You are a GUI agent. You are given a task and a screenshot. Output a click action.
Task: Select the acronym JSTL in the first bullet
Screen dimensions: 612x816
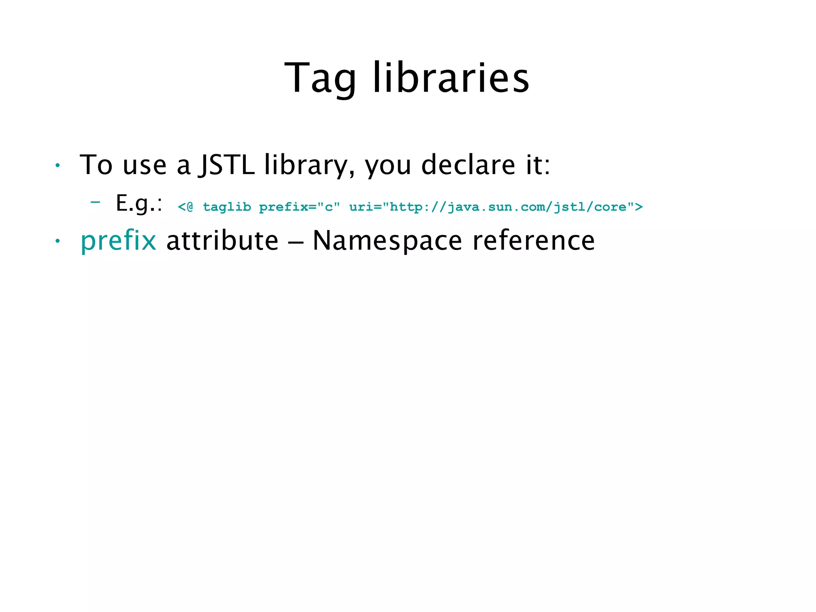click(x=227, y=165)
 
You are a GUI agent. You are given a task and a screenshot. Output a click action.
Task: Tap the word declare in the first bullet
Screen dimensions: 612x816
click(x=468, y=165)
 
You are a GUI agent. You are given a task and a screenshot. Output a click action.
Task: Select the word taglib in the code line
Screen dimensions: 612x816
click(x=227, y=207)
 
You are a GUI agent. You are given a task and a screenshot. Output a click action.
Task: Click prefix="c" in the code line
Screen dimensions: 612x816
click(x=299, y=207)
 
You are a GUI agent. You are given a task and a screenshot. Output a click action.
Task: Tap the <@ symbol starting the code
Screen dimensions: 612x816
click(x=185, y=207)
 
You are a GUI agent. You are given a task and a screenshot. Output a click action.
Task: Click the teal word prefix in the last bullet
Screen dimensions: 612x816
click(x=118, y=241)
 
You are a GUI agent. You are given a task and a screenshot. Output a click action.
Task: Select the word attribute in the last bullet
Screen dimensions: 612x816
click(x=222, y=240)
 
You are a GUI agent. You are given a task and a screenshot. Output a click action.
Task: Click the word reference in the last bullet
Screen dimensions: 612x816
click(x=534, y=240)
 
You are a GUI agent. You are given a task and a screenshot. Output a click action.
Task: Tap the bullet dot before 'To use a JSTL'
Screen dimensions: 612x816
click(x=58, y=165)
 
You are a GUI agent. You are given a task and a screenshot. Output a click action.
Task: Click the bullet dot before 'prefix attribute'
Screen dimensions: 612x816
click(x=58, y=241)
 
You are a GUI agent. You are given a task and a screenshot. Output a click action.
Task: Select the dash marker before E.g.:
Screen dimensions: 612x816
click(x=95, y=202)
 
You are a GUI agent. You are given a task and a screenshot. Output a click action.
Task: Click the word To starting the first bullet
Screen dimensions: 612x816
click(x=96, y=165)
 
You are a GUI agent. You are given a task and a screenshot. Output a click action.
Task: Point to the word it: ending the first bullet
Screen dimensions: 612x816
click(x=538, y=165)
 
